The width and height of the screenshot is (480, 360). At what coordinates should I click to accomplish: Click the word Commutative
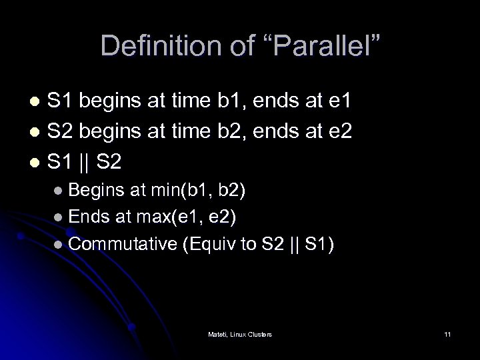(x=123, y=244)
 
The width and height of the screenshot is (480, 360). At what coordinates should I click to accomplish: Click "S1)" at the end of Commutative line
(x=321, y=244)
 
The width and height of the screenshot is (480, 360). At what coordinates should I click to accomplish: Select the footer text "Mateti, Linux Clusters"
(x=239, y=333)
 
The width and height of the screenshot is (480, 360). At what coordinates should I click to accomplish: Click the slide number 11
(x=447, y=333)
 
